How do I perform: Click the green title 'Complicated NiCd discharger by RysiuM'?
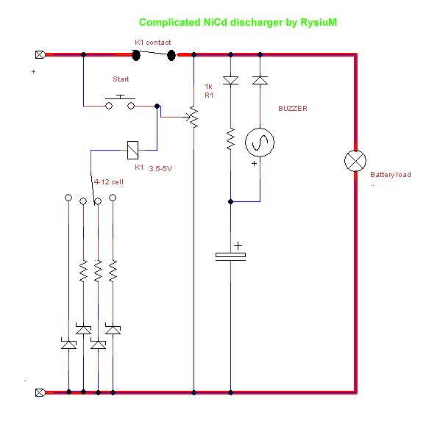(x=238, y=23)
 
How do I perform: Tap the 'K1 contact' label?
(x=153, y=43)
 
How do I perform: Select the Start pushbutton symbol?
(x=120, y=102)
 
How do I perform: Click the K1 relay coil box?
(x=133, y=150)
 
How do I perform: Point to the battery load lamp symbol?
(x=355, y=161)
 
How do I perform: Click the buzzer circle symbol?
(x=260, y=143)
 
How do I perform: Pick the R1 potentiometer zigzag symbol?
(x=194, y=117)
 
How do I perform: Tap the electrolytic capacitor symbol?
(x=231, y=256)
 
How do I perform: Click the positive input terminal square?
(x=40, y=54)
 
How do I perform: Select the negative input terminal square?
(x=40, y=392)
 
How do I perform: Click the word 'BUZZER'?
(x=293, y=109)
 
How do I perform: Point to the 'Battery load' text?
(x=391, y=175)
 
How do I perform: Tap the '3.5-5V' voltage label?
(x=160, y=168)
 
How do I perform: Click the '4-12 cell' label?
(x=109, y=182)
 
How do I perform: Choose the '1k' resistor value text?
(x=208, y=87)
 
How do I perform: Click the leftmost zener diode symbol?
(x=68, y=345)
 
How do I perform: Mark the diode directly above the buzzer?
(x=260, y=81)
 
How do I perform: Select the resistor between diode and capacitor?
(x=231, y=139)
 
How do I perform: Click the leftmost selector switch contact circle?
(x=68, y=198)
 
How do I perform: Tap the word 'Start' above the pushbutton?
(x=121, y=79)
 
